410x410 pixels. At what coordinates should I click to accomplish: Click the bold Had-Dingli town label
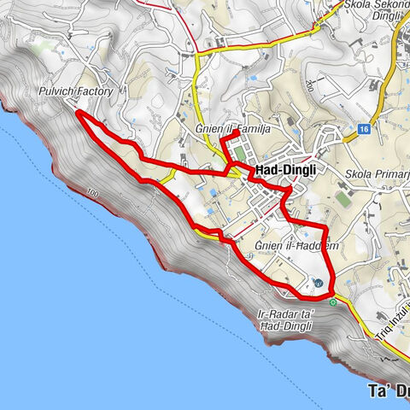click(285, 172)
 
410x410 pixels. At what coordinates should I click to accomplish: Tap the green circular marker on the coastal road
click(334, 301)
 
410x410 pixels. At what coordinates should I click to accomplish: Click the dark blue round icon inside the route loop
click(317, 283)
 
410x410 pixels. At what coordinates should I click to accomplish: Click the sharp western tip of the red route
click(78, 112)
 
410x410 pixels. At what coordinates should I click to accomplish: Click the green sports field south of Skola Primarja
click(343, 198)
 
